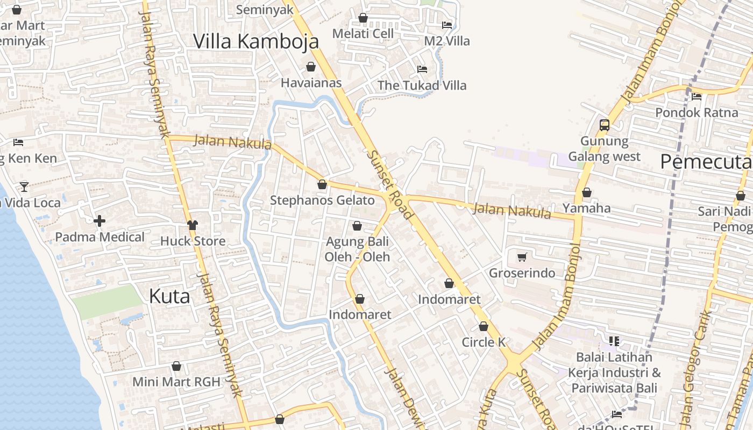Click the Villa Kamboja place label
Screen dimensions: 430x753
click(x=256, y=41)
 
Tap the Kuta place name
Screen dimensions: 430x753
click(x=169, y=296)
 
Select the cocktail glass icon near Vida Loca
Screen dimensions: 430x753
click(x=24, y=187)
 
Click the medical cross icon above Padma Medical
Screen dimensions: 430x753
click(x=100, y=221)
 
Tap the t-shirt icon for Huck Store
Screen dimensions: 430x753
click(x=193, y=225)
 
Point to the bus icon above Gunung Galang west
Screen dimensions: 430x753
click(x=605, y=125)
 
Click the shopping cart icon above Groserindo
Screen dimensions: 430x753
click(x=522, y=257)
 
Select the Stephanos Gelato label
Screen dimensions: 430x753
click(x=322, y=200)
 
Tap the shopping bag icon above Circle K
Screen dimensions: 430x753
click(x=484, y=326)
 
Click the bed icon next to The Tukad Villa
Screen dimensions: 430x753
click(x=422, y=69)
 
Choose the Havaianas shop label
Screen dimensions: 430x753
click(x=311, y=83)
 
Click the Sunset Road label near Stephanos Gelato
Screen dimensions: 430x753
click(x=390, y=184)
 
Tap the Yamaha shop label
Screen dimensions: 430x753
click(x=587, y=208)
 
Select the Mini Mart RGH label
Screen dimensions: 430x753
click(x=176, y=382)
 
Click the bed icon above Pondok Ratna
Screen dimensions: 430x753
click(x=697, y=97)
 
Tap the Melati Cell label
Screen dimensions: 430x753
click(x=363, y=33)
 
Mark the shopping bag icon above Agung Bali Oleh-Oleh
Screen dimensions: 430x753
click(x=357, y=226)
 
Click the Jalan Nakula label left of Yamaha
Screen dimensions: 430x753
click(x=512, y=211)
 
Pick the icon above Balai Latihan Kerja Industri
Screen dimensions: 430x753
click(x=614, y=341)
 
